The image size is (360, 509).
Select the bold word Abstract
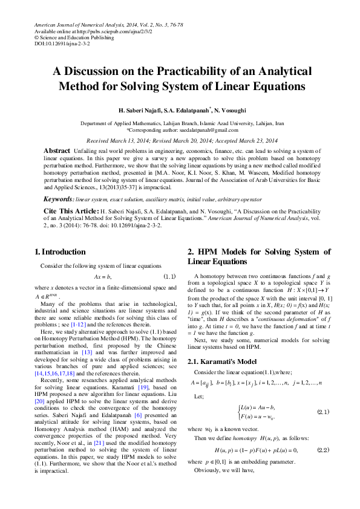(57, 150)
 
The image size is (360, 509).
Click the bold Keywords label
(57, 199)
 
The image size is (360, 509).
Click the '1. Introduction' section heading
(60, 252)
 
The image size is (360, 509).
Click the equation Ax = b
(102, 276)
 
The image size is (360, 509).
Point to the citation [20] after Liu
(39, 410)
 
